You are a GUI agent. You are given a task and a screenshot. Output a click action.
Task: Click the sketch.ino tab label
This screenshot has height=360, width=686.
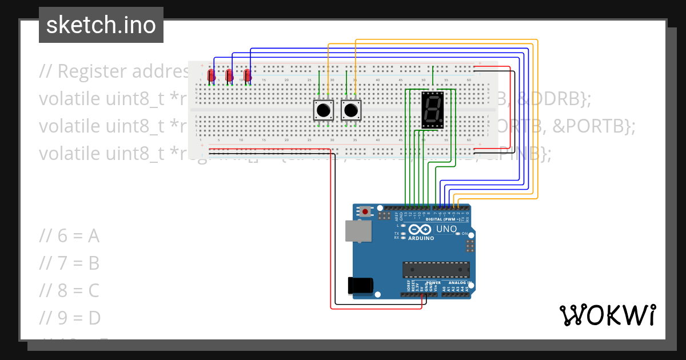click(x=101, y=25)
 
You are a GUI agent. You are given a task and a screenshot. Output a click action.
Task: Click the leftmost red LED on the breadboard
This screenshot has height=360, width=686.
click(x=211, y=75)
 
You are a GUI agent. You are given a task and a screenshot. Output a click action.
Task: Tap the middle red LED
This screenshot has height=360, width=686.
click(x=229, y=75)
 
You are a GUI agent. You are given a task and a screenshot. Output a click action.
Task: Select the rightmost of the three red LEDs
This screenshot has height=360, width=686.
click(x=248, y=75)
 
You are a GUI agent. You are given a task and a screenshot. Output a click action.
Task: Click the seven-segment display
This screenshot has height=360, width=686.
click(x=432, y=109)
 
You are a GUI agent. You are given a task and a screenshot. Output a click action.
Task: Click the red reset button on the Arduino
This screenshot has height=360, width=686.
click(x=365, y=212)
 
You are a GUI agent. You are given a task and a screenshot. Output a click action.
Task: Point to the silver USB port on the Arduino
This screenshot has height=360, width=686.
click(x=358, y=231)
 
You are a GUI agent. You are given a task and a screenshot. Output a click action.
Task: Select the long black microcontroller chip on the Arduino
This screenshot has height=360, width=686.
click(x=436, y=270)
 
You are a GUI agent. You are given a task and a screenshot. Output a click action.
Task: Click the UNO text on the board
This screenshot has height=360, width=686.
click(x=446, y=229)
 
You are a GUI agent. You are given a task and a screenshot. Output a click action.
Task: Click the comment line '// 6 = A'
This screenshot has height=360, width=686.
click(x=70, y=235)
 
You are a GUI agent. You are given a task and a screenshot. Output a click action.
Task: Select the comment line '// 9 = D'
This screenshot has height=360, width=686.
click(x=70, y=317)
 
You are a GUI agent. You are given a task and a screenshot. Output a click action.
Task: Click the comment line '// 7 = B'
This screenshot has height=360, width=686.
click(x=70, y=263)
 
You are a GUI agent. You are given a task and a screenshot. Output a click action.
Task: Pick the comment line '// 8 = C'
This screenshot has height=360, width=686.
click(x=70, y=290)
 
